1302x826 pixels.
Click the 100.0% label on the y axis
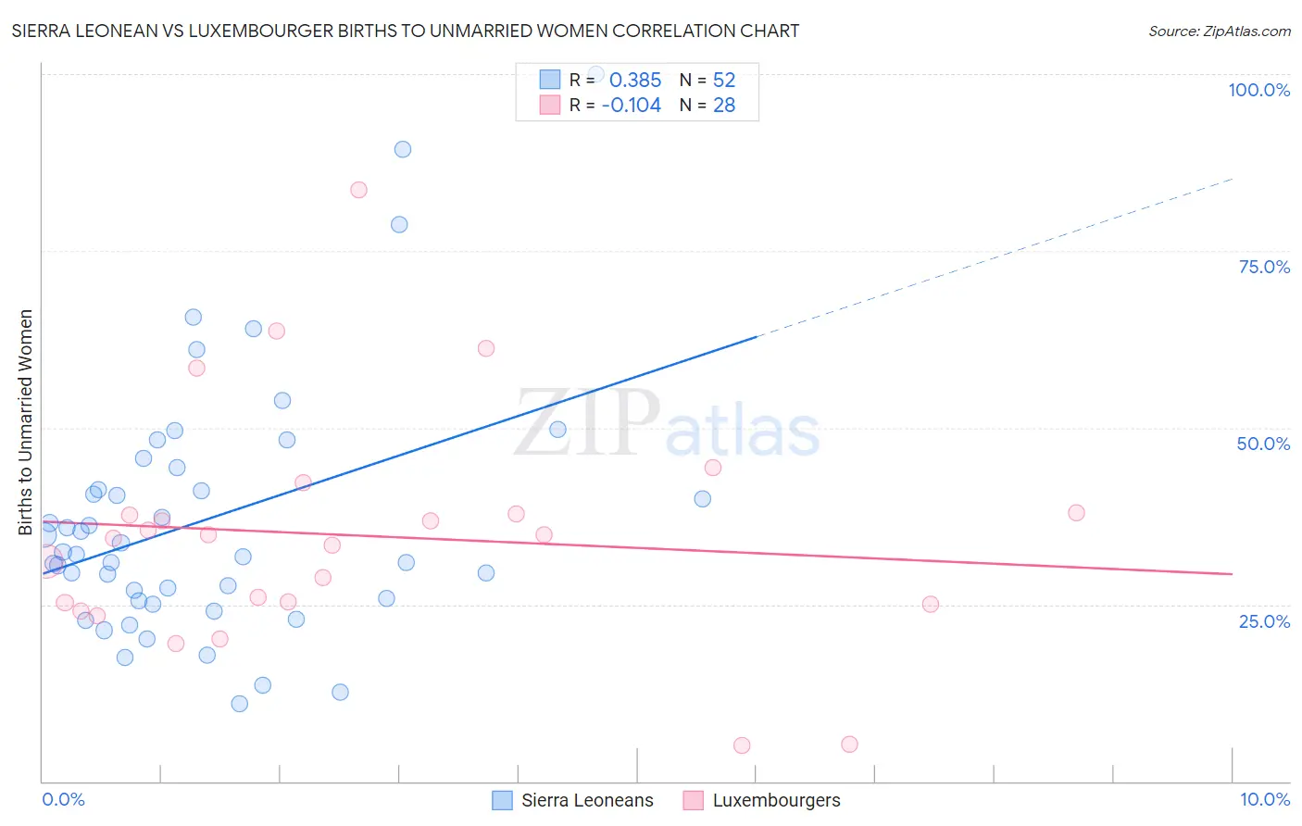1258,90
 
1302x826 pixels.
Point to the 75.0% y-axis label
1264,267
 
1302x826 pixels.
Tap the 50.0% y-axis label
1263,444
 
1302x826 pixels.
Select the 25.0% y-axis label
1264,620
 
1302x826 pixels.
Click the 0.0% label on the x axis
63,799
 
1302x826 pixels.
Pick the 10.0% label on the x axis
1264,799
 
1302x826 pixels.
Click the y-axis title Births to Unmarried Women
25,422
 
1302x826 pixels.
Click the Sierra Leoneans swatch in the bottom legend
502,800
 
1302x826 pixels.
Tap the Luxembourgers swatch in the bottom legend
693,800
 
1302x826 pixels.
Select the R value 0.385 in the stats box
634,80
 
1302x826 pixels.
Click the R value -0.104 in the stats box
631,106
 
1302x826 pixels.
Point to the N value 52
723,80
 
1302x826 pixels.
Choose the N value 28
723,106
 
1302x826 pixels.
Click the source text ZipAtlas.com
1219,31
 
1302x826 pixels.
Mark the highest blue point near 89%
402,149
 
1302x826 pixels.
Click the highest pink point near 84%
358,190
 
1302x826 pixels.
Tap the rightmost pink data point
1076,512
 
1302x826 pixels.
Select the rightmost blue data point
703,499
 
